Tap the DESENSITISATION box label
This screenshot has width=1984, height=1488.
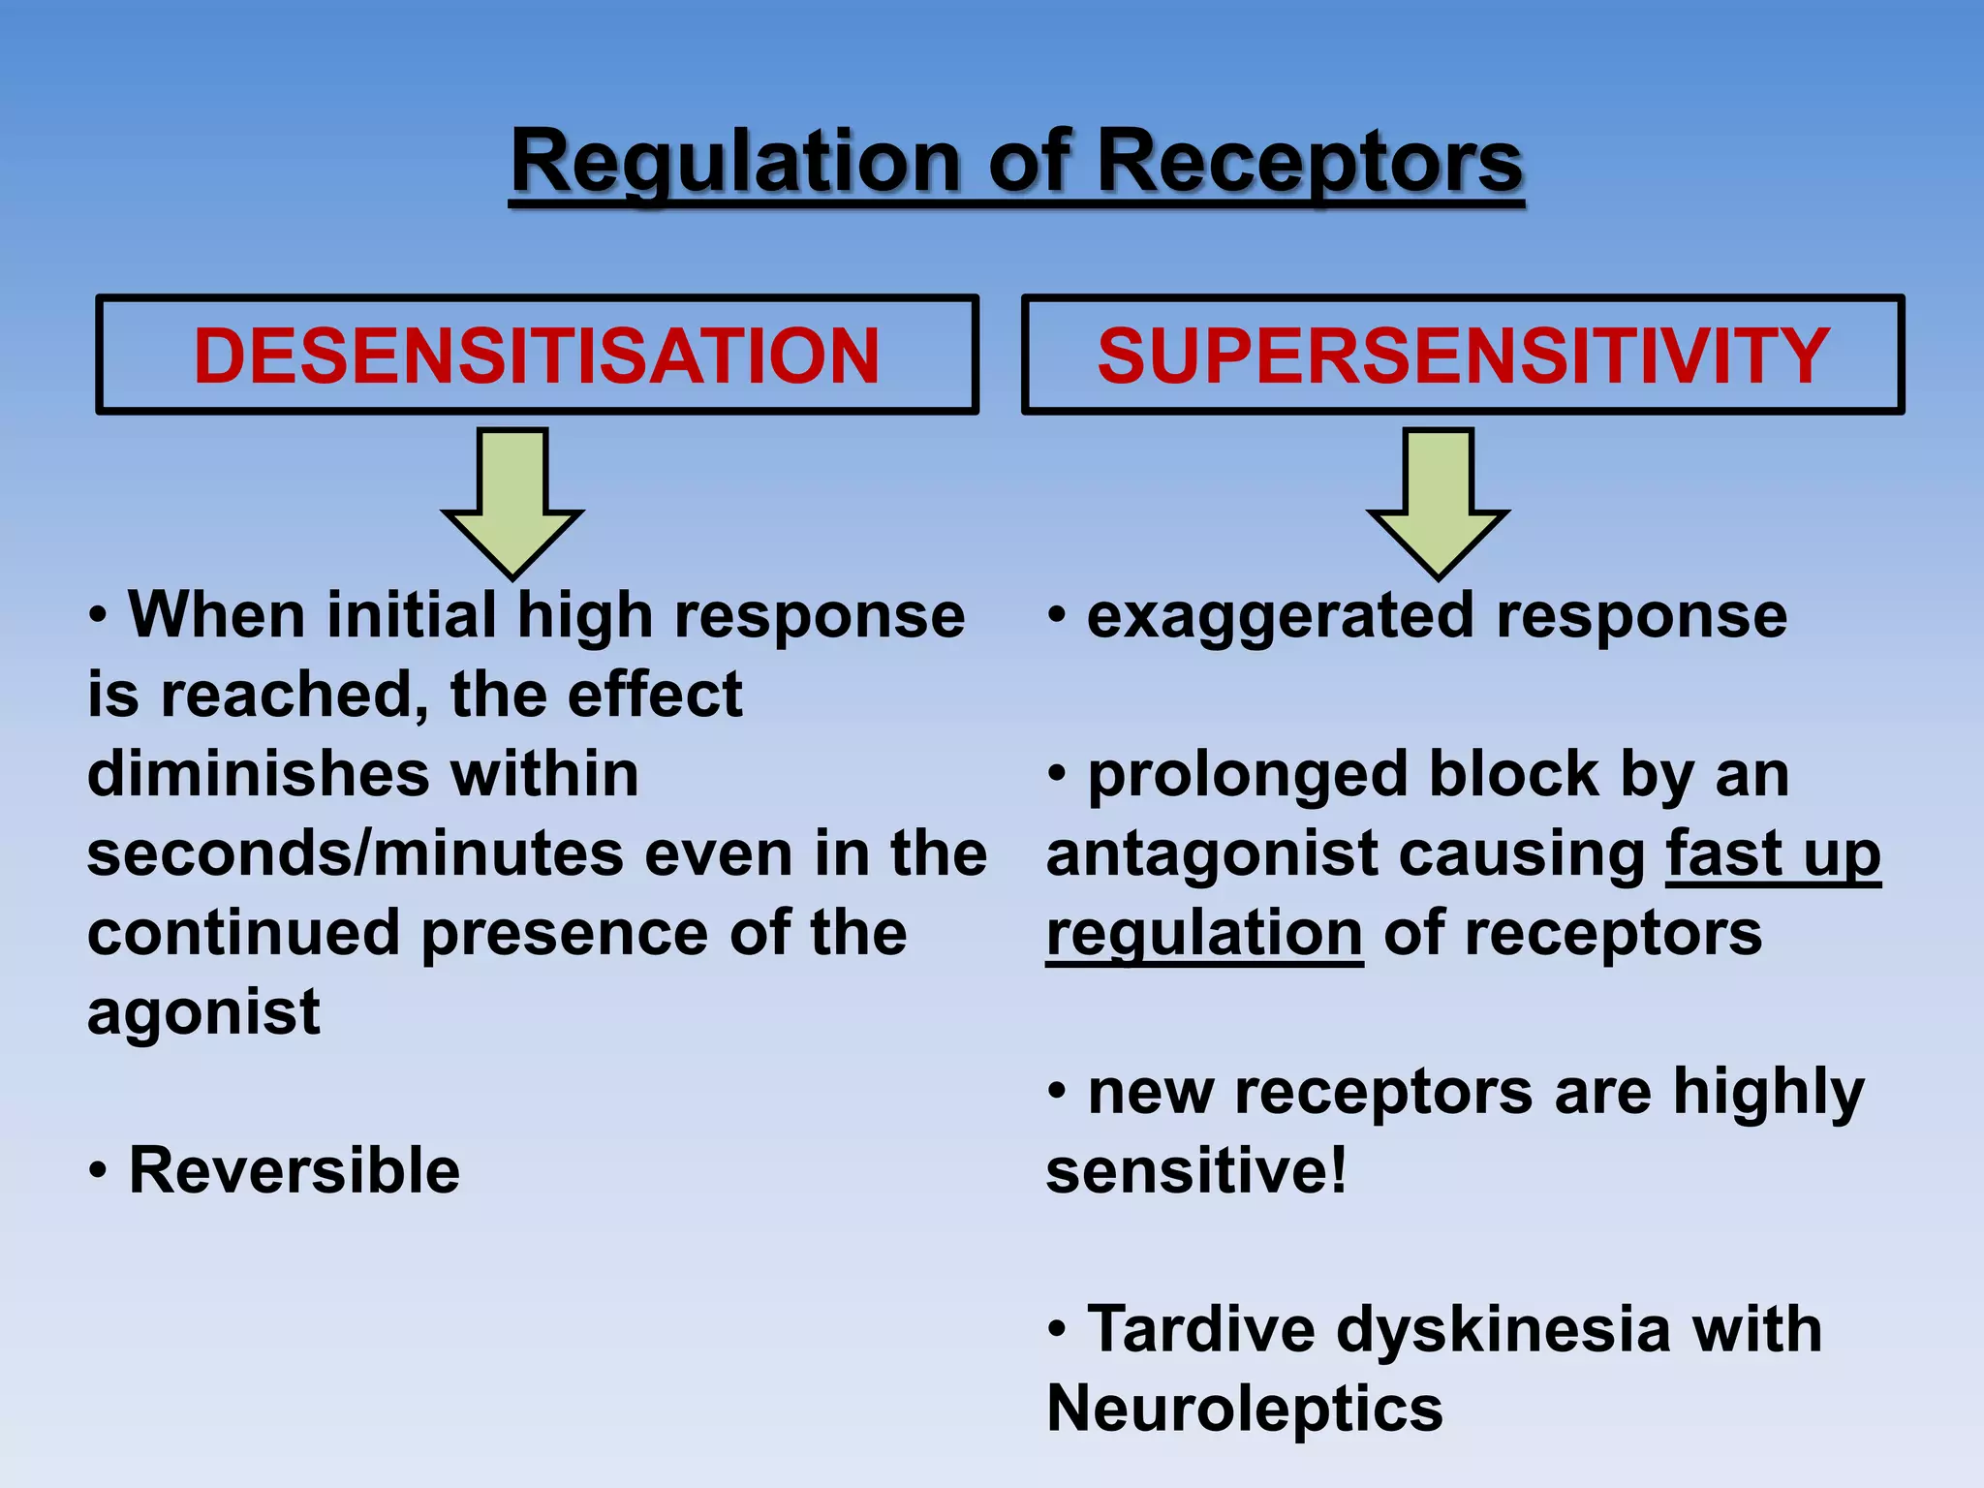(537, 356)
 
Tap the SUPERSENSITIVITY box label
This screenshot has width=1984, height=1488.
(1463, 356)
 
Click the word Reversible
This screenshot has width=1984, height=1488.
(294, 1170)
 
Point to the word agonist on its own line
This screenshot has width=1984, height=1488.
(203, 1012)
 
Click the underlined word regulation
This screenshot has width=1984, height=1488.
(1205, 934)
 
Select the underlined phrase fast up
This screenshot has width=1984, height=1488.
(1773, 854)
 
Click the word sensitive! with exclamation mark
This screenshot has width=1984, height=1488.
(1197, 1170)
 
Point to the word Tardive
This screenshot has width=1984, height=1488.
(1201, 1329)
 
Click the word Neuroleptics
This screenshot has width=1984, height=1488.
(1245, 1409)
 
